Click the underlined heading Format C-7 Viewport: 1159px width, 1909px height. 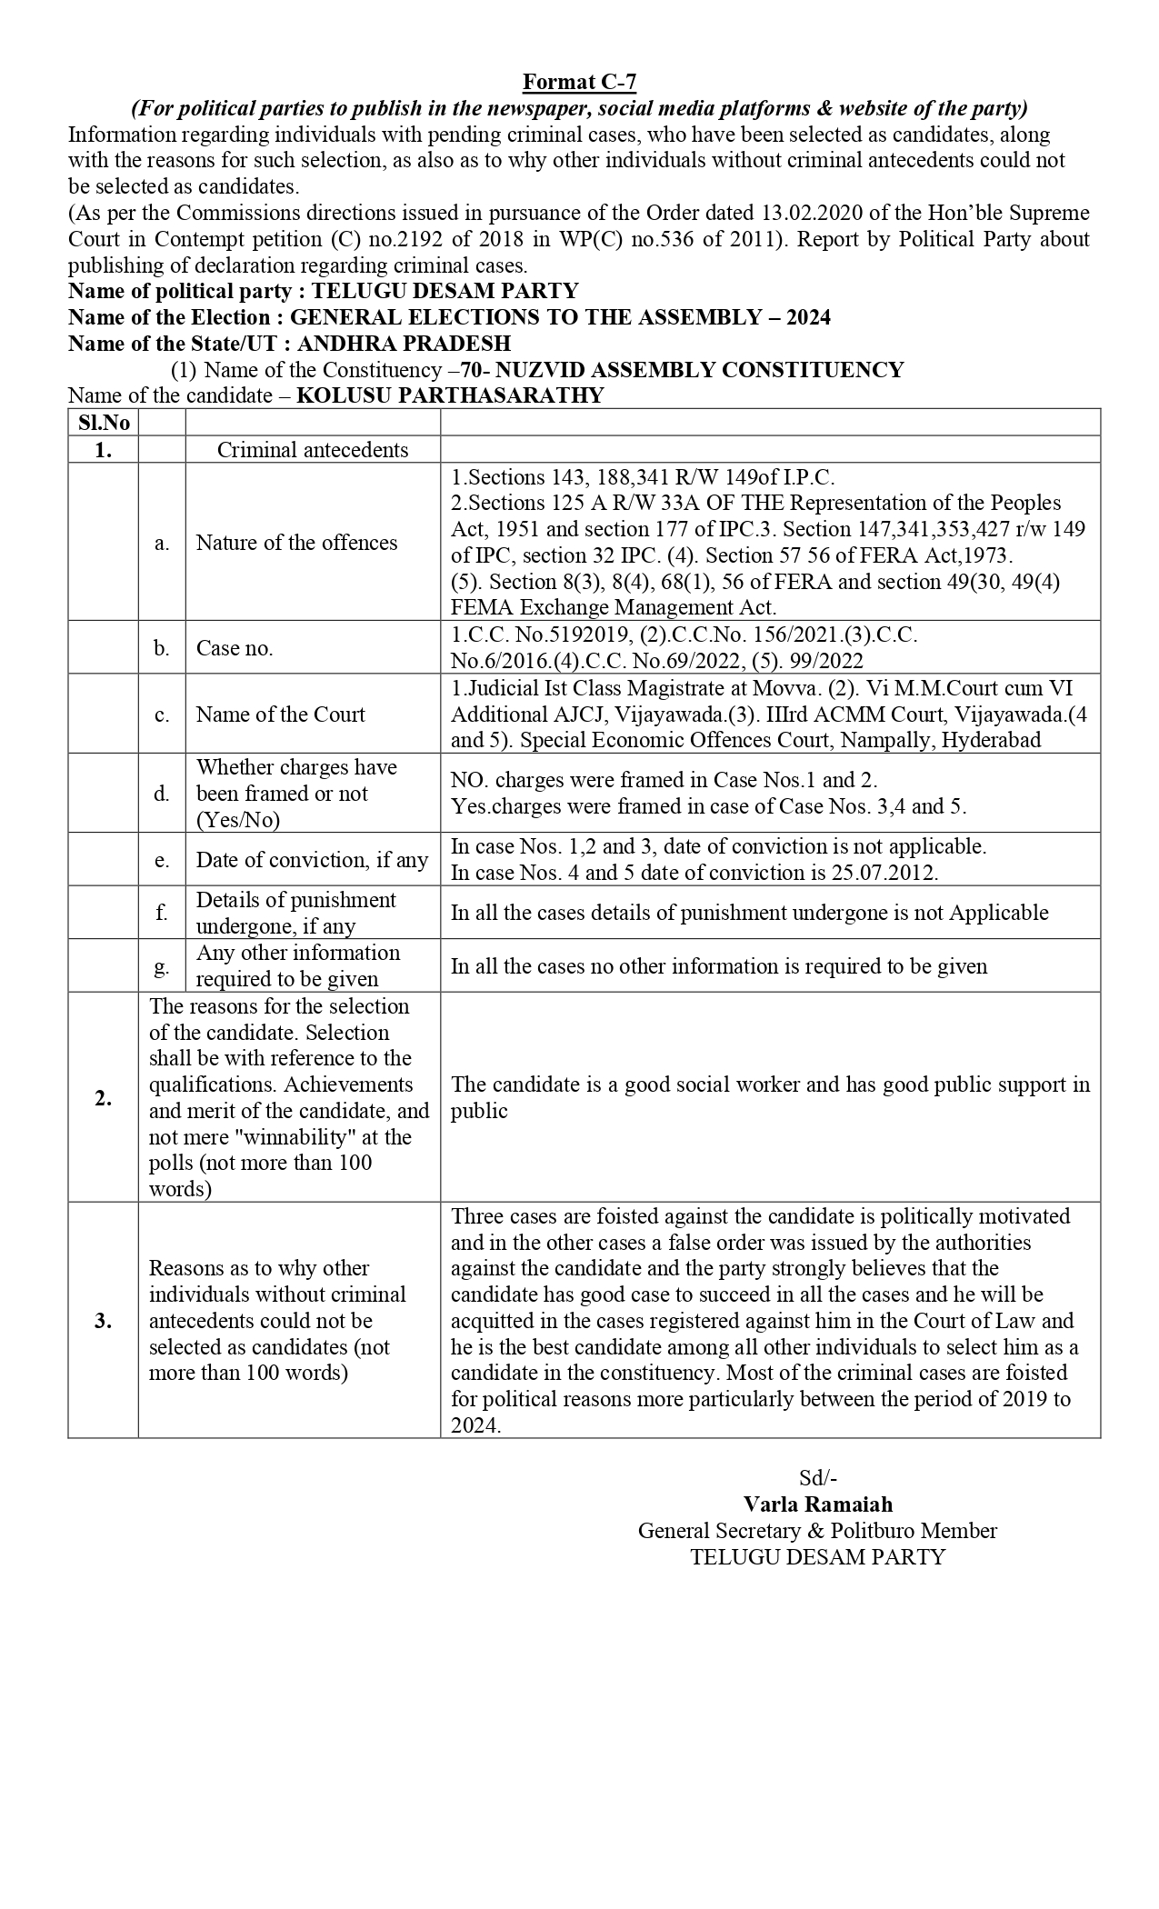[x=579, y=83]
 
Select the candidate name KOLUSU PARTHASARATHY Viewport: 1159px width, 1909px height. [x=450, y=395]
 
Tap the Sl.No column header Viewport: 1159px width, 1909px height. [x=104, y=423]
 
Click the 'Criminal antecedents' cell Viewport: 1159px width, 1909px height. [x=313, y=450]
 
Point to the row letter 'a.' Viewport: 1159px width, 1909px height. [x=162, y=543]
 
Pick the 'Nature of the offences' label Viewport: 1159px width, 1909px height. [x=296, y=543]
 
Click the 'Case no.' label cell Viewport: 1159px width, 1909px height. [x=235, y=648]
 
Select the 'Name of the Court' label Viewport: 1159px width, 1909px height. [x=280, y=715]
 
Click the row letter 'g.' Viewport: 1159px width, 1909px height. [x=162, y=966]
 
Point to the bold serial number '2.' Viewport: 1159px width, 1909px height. [x=104, y=1098]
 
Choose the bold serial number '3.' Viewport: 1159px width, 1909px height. [x=104, y=1321]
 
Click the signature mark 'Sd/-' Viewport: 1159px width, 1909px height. [x=818, y=1478]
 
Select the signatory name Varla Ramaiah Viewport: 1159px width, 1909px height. [x=818, y=1504]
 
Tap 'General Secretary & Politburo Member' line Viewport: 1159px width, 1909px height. [x=817, y=1531]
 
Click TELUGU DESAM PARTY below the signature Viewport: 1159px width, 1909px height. [x=817, y=1557]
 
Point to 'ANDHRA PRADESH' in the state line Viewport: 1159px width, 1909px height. [x=404, y=344]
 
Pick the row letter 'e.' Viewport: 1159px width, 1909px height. [x=162, y=860]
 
